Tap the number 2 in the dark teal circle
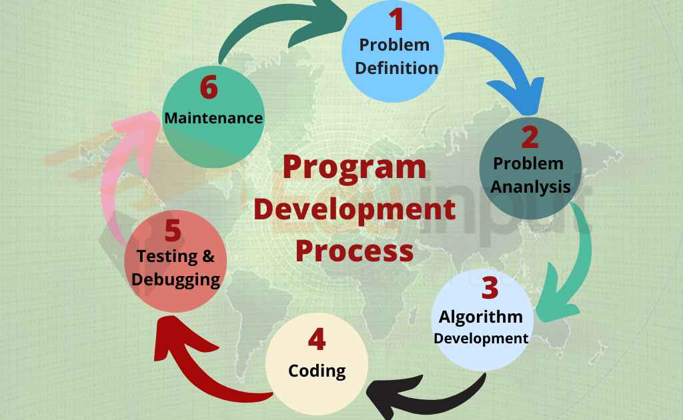pos(530,137)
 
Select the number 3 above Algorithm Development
pos(490,288)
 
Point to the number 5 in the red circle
pos(173,231)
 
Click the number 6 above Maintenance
pos(209,88)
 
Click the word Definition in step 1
pos(396,67)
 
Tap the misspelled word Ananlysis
pos(530,186)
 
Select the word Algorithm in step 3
pos(480,315)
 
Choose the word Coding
pos(317,370)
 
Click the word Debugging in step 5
pos(175,279)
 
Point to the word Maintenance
pos(213,118)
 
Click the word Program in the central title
pos(354,167)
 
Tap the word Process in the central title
pos(354,251)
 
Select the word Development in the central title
pos(355,209)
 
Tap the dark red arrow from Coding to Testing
pos(200,373)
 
